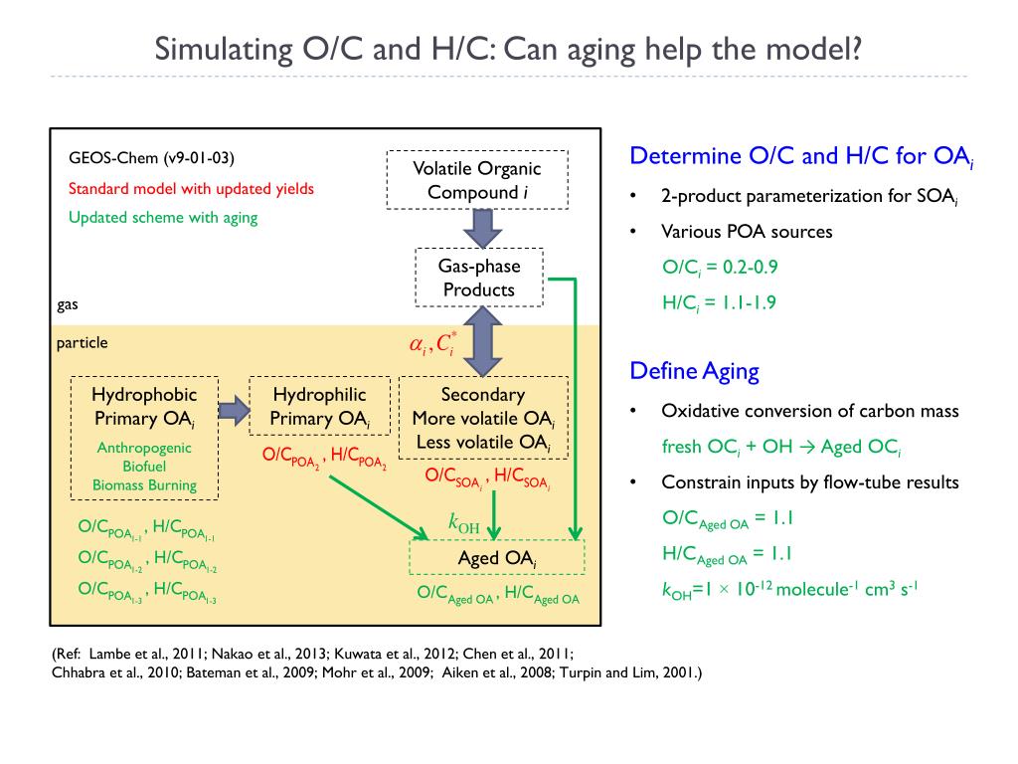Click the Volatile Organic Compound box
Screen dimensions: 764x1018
tap(476, 180)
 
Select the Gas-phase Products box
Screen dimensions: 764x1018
tap(479, 278)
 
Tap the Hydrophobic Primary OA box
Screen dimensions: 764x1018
tap(144, 438)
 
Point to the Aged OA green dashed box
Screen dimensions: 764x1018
tap(497, 557)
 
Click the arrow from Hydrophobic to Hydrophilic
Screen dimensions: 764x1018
tap(233, 409)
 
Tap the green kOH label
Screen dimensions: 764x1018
tap(464, 522)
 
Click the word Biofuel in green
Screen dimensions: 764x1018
tap(144, 467)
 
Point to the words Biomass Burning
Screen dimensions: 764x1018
tap(144, 485)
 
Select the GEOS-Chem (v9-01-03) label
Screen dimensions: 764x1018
tap(151, 158)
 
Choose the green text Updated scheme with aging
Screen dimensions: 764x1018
tap(163, 218)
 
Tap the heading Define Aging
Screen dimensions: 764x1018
tap(694, 372)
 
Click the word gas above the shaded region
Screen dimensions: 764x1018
tap(68, 304)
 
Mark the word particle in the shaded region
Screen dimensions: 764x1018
tap(82, 342)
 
